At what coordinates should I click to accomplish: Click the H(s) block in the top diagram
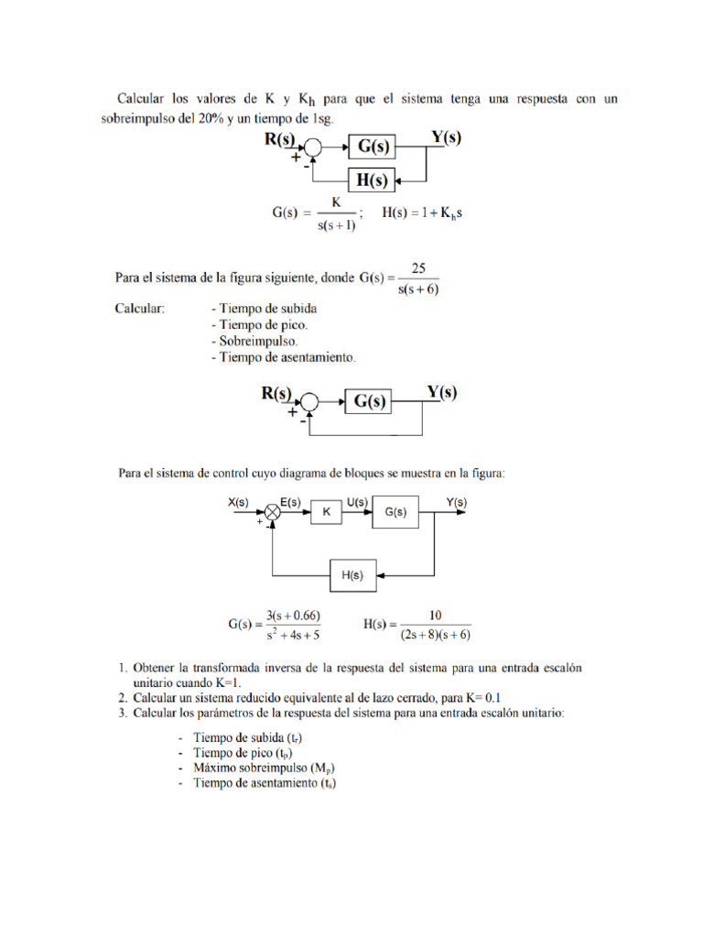pos(370,180)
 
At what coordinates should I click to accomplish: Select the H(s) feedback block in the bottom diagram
pos(351,576)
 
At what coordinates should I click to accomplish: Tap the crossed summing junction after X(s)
pos(272,514)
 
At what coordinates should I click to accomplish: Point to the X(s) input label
pos(239,502)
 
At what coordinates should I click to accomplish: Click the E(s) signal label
pos(291,502)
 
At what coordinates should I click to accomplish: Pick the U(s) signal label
pos(356,502)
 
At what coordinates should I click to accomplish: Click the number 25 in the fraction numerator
pos(419,268)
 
